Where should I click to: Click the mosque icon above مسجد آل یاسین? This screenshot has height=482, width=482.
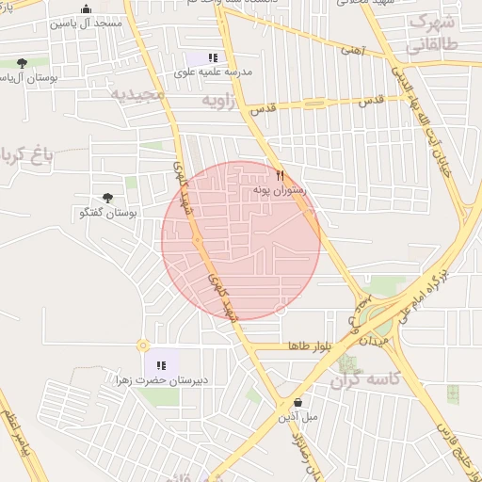(x=87, y=9)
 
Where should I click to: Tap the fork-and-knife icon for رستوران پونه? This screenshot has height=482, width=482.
(x=280, y=175)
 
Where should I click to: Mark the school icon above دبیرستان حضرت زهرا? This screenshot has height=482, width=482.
(x=160, y=365)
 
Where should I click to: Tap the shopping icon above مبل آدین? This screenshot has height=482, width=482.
(x=297, y=402)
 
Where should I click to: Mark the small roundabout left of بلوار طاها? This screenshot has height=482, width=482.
(x=142, y=346)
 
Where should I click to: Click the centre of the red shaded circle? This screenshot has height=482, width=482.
(x=241, y=240)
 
